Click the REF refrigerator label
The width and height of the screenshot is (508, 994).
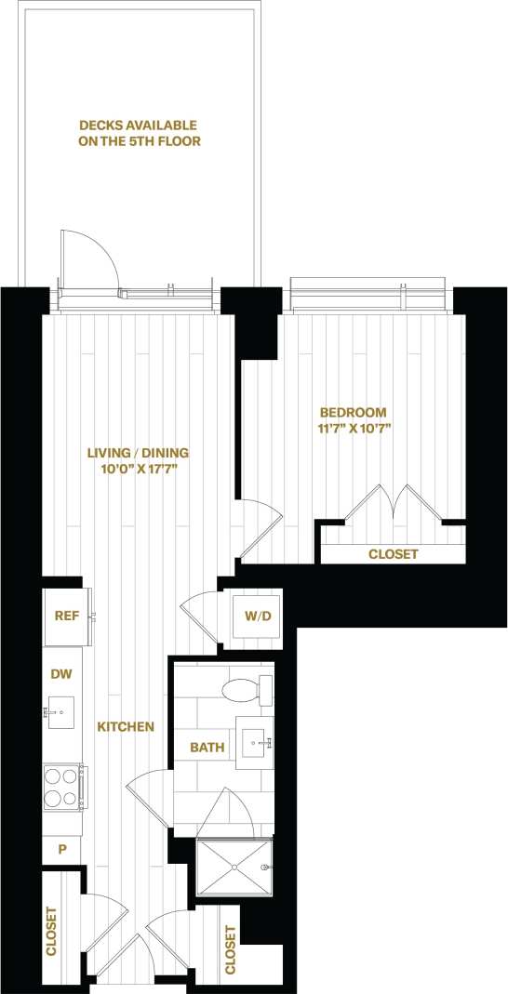tap(66, 616)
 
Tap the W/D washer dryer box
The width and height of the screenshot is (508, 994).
tap(256, 616)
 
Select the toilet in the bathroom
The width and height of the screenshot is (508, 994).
tap(244, 690)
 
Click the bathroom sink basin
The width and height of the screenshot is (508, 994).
tap(254, 742)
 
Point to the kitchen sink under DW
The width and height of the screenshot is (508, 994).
tap(60, 714)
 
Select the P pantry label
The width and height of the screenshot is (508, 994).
tap(62, 848)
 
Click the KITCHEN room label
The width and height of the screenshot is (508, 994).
tap(126, 725)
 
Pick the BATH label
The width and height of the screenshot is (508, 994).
tap(206, 747)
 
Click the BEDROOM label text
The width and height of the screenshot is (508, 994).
tap(353, 412)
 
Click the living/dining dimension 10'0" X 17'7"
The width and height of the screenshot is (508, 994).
tap(138, 470)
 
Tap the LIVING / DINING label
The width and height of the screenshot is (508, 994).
tap(138, 453)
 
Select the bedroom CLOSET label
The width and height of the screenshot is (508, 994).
tap(394, 554)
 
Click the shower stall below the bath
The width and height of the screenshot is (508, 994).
tap(234, 868)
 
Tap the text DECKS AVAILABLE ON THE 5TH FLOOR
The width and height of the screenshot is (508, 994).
tap(140, 133)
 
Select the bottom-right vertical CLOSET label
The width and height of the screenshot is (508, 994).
tap(230, 948)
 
